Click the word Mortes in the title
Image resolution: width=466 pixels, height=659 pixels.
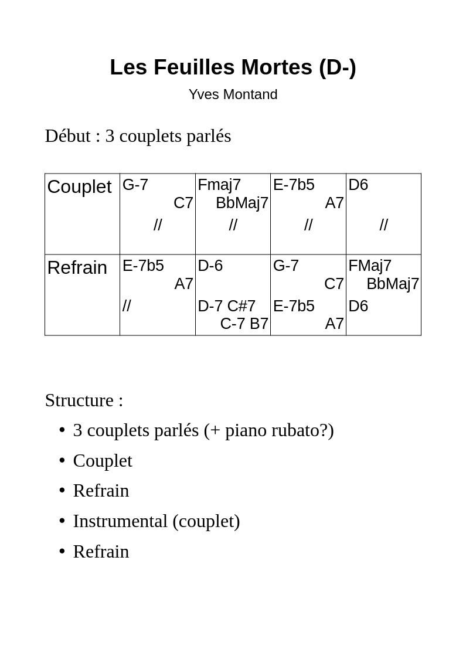pyautogui.click(x=277, y=67)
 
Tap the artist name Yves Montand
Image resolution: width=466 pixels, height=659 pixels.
pyautogui.click(x=233, y=94)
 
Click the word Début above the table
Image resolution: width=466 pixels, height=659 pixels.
pyautogui.click(x=67, y=136)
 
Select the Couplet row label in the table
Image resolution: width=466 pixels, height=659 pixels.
pyautogui.click(x=79, y=187)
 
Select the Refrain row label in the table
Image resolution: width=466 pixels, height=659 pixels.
pyautogui.click(x=77, y=268)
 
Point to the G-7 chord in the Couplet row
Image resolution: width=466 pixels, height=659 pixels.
pyautogui.click(x=135, y=185)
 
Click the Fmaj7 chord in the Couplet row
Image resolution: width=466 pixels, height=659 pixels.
pyautogui.click(x=219, y=185)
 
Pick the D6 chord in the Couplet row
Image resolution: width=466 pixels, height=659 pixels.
pyautogui.click(x=358, y=185)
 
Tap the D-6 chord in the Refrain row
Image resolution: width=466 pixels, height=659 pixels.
pyautogui.click(x=210, y=266)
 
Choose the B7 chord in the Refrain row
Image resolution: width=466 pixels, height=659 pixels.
pyautogui.click(x=259, y=324)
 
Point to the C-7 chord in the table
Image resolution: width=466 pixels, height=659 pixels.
pyautogui.click(x=233, y=324)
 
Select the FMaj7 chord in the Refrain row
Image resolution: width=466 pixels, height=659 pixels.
pyautogui.click(x=370, y=266)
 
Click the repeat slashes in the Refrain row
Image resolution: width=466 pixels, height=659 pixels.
pyautogui.click(x=127, y=305)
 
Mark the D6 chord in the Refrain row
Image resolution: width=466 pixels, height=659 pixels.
pyautogui.click(x=358, y=306)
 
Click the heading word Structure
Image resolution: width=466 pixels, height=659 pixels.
pyautogui.click(x=79, y=400)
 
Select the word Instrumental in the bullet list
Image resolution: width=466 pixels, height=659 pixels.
pyautogui.click(x=120, y=521)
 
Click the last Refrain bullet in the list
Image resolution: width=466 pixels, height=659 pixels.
pyautogui.click(x=101, y=551)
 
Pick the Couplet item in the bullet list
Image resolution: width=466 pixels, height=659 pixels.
pyautogui.click(x=103, y=461)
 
